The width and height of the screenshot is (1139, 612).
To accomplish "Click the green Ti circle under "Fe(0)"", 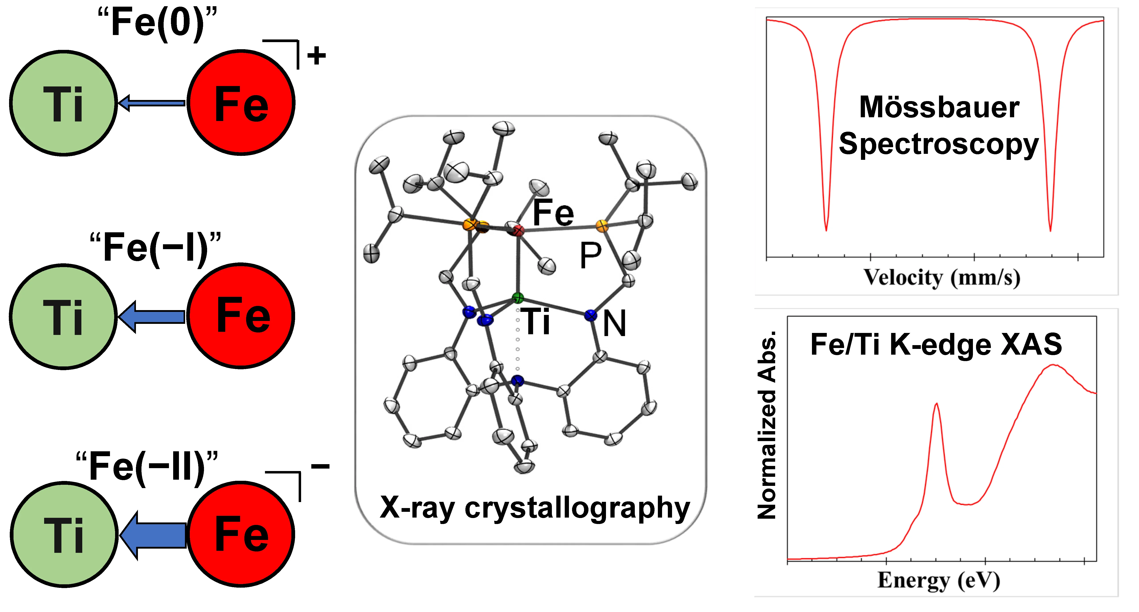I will (x=63, y=103).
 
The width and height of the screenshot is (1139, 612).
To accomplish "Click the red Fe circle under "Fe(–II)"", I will (x=241, y=534).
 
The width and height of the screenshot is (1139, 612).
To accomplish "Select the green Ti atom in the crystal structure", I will (x=518, y=298).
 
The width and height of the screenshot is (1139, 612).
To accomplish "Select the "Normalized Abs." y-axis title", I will (x=767, y=424).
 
